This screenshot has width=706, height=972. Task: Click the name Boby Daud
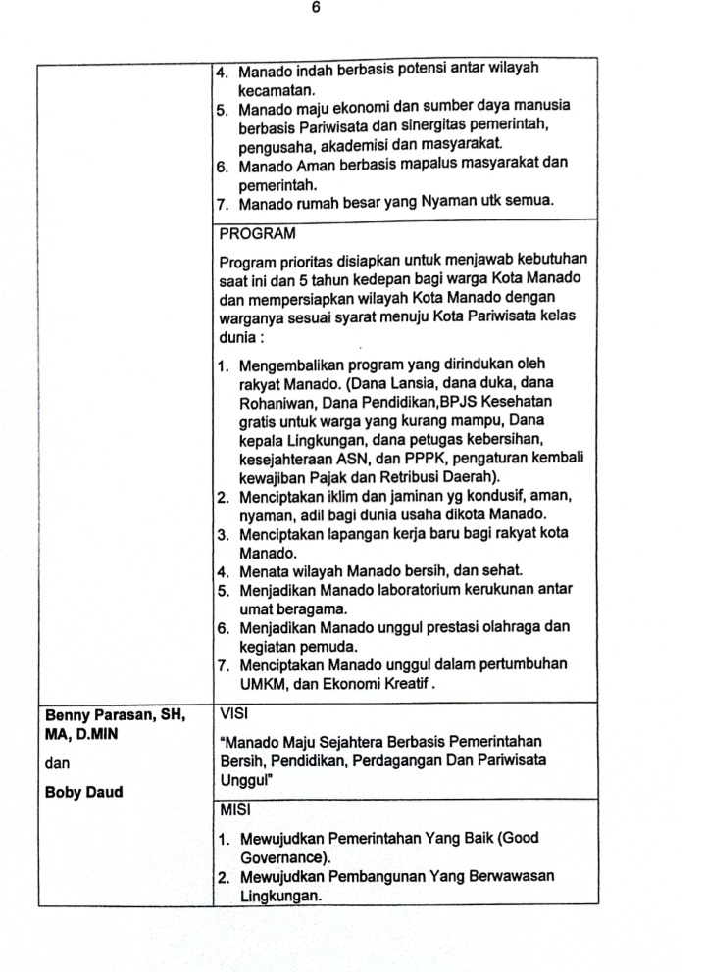click(x=84, y=792)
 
